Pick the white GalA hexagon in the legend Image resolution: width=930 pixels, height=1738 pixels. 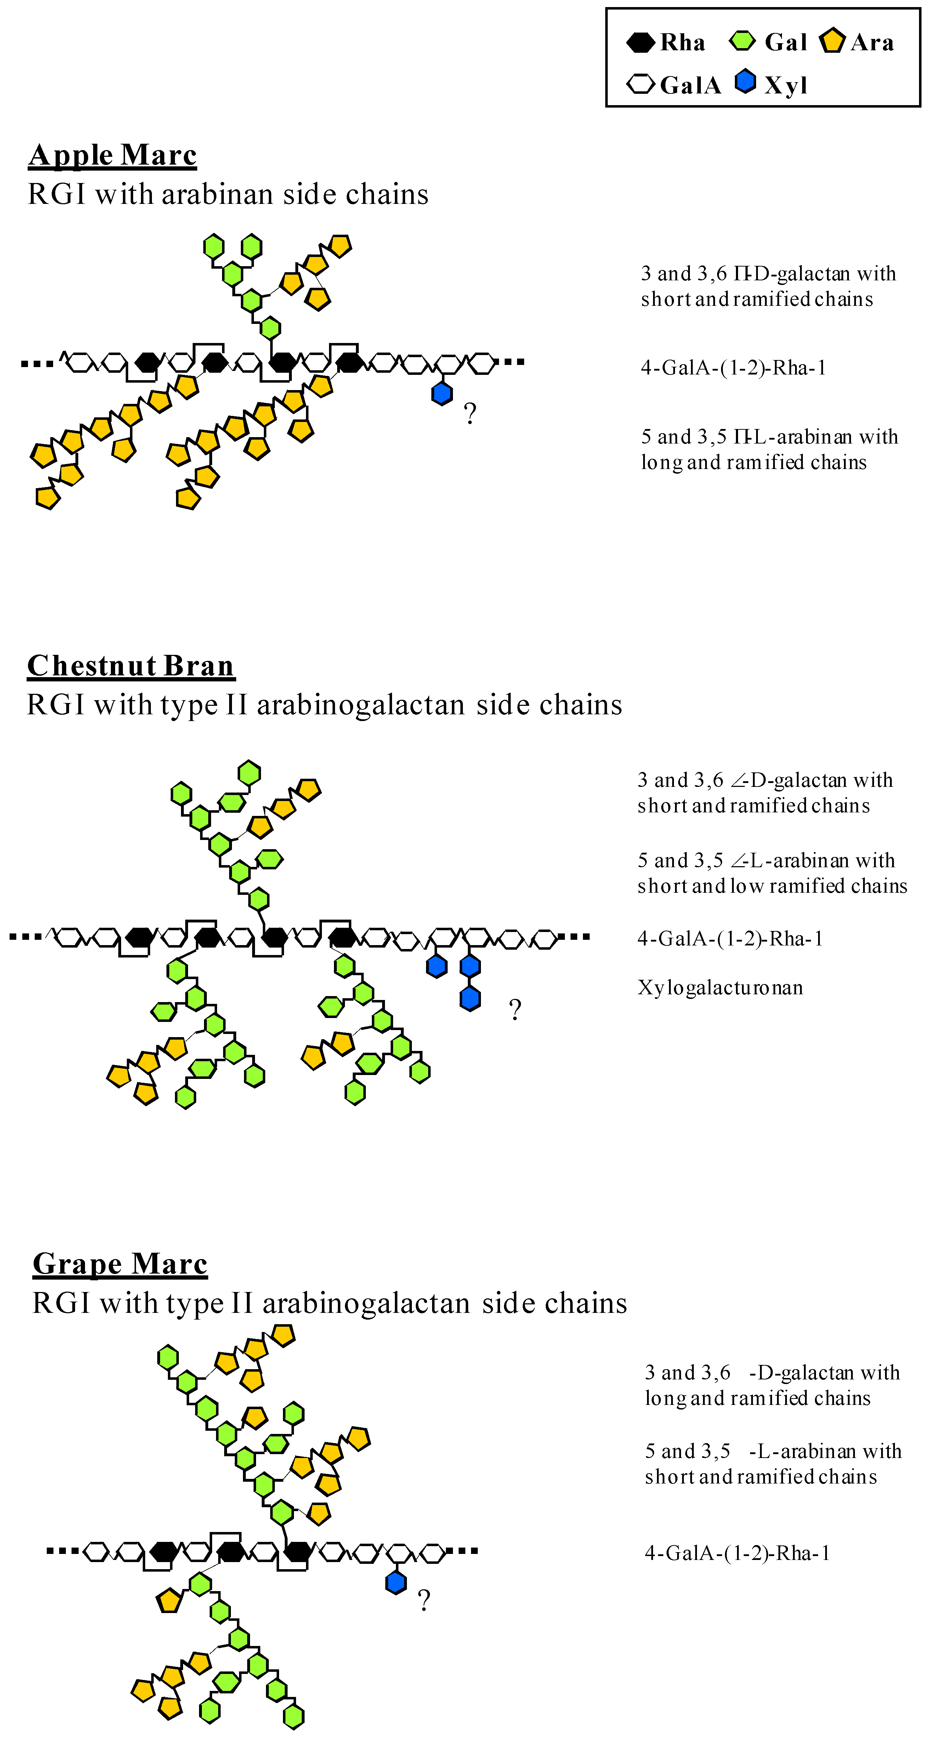pos(640,84)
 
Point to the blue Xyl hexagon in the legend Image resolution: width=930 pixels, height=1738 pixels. pos(745,82)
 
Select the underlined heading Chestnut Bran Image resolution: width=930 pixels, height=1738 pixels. pos(131,666)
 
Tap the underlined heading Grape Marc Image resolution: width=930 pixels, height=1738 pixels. pos(120,1264)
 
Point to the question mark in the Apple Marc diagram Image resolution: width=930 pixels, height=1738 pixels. pos(470,413)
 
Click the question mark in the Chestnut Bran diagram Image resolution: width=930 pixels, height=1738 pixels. pos(515,1009)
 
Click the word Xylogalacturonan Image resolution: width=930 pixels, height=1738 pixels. pos(720,988)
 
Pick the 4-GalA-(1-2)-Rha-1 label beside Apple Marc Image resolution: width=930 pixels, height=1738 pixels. pos(733,368)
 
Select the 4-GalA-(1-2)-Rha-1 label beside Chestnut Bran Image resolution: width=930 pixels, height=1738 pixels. pos(730,938)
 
